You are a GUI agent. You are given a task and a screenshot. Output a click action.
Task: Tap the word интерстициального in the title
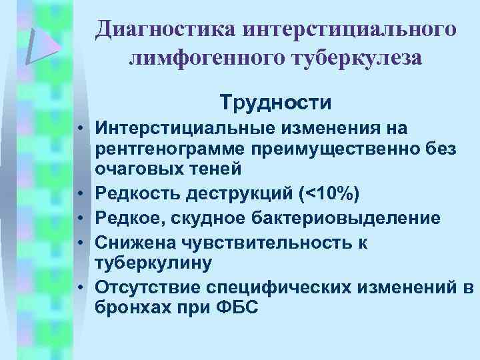tap(350, 29)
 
